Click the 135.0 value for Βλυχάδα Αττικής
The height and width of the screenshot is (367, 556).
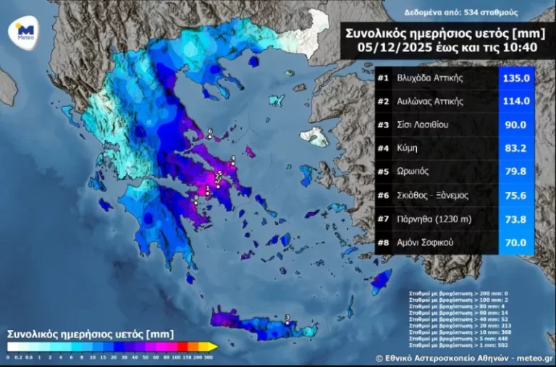(516, 77)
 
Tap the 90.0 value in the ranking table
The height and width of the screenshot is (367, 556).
(516, 125)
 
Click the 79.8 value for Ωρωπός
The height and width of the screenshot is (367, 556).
(516, 172)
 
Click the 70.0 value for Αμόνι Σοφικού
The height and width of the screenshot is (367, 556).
(516, 242)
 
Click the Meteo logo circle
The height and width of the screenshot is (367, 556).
(24, 30)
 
